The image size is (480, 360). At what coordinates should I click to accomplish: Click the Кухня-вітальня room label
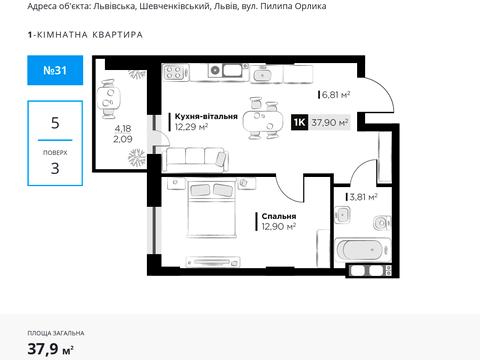pos(204,117)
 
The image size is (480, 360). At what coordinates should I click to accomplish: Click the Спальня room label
pos(275,216)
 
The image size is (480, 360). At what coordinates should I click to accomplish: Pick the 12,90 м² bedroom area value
pos(277,227)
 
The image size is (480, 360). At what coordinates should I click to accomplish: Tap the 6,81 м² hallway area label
pos(336,95)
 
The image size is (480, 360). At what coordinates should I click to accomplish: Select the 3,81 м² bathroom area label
pos(363,197)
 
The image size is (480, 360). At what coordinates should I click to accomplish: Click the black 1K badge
pos(298,122)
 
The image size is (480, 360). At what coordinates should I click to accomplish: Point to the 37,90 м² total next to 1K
pos(330,122)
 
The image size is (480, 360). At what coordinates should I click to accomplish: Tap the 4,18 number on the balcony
pos(122,128)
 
